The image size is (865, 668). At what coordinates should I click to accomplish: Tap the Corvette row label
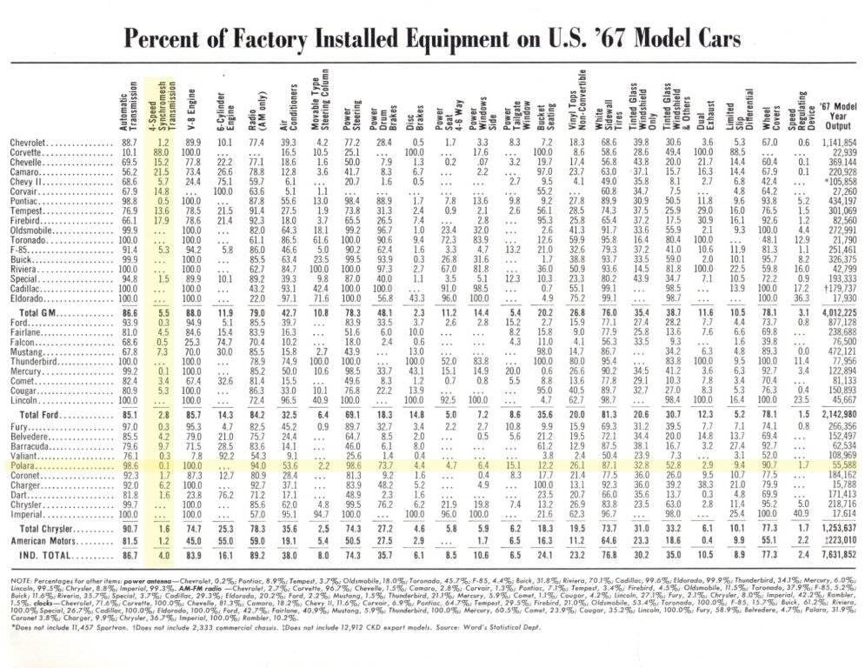27,151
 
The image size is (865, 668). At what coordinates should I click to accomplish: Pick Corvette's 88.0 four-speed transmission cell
162,151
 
